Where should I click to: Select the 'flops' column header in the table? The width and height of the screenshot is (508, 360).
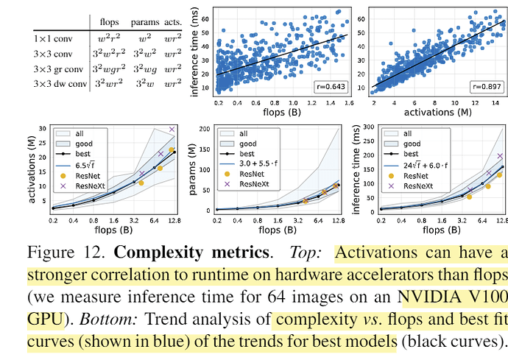(x=110, y=18)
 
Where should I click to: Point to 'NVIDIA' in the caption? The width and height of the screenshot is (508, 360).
(x=431, y=299)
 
